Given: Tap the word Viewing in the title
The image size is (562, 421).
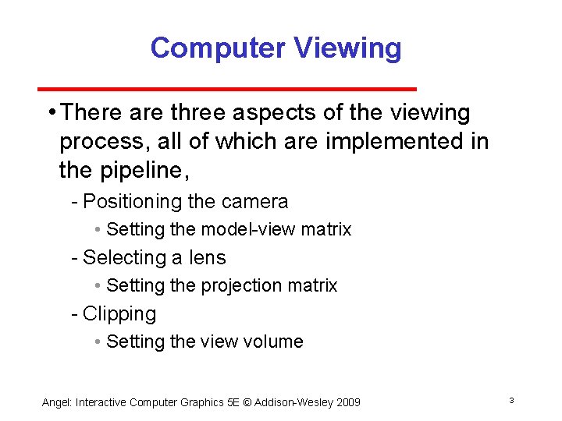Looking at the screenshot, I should (x=349, y=48).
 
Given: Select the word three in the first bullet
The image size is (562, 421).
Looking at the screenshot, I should (x=200, y=113).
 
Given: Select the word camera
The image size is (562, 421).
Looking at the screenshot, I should (x=254, y=202).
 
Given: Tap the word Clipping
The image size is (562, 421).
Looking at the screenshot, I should (x=119, y=314).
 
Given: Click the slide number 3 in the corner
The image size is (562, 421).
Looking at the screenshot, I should (x=511, y=401).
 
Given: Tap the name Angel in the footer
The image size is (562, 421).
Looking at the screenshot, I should (x=55, y=402).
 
